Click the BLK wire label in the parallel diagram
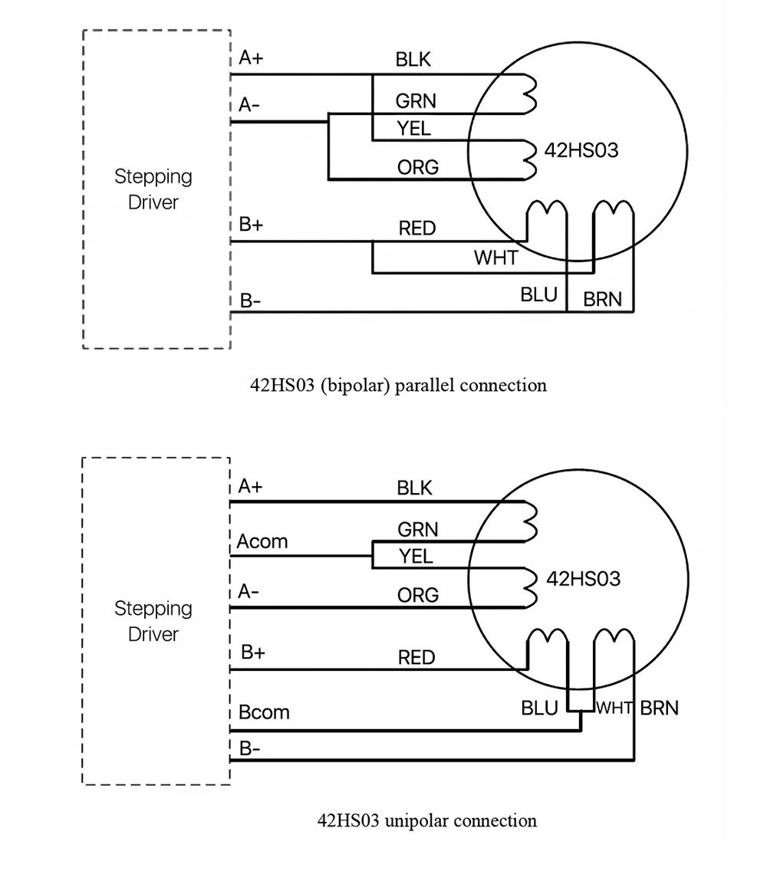click(x=413, y=60)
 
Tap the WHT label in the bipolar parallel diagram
click(x=495, y=258)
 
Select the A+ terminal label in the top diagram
click(x=251, y=58)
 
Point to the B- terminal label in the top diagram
click(x=250, y=301)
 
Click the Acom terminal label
click(x=262, y=541)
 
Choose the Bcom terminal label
click(x=264, y=712)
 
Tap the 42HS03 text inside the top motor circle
click(x=581, y=150)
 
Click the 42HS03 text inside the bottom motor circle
click(x=583, y=579)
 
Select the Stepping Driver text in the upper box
click(x=153, y=189)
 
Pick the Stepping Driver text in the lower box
click(x=153, y=621)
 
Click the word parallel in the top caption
click(x=425, y=386)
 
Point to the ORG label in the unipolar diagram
click(x=418, y=595)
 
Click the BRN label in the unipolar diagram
click(x=659, y=708)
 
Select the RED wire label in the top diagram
click(x=416, y=228)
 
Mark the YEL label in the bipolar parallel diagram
click(x=413, y=129)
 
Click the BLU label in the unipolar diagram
click(x=539, y=708)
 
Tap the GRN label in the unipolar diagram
click(x=417, y=529)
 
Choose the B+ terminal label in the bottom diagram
click(x=253, y=652)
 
